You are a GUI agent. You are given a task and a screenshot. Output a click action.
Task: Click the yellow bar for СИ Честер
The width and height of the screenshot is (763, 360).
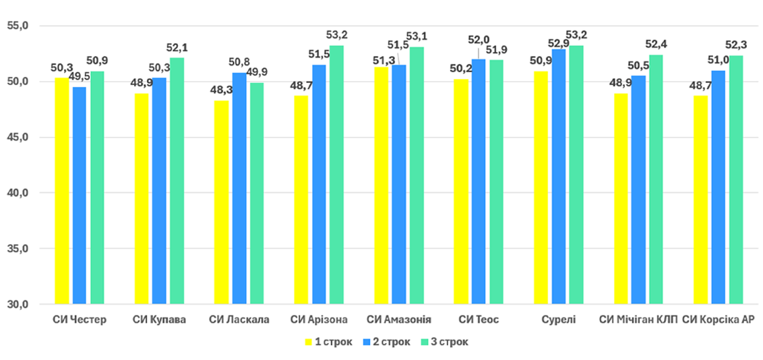[x=62, y=191]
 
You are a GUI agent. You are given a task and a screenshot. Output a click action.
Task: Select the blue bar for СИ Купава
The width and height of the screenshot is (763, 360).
[x=159, y=191]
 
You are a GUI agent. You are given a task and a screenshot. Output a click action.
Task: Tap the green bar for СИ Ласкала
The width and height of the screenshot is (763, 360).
[x=256, y=193]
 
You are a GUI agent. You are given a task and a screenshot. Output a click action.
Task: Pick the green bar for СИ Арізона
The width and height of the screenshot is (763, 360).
[x=336, y=175]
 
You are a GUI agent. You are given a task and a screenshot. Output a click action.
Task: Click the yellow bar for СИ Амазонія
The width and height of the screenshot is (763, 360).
[x=381, y=185]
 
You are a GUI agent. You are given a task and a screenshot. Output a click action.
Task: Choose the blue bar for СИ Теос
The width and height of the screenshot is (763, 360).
[x=479, y=181]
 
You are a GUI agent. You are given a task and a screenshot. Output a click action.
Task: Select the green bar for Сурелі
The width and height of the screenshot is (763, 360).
[x=576, y=175]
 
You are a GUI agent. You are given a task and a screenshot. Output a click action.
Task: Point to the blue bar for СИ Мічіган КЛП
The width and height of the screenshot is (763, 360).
[x=638, y=189]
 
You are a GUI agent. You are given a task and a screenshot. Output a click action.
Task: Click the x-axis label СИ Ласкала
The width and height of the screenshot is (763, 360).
[x=239, y=320]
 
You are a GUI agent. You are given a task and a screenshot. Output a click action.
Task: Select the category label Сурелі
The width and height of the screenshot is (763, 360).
[x=559, y=320]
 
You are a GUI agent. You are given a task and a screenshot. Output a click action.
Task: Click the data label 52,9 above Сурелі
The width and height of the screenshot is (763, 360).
[x=559, y=43]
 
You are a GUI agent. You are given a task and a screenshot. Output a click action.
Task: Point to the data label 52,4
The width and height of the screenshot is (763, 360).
[x=656, y=44]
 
